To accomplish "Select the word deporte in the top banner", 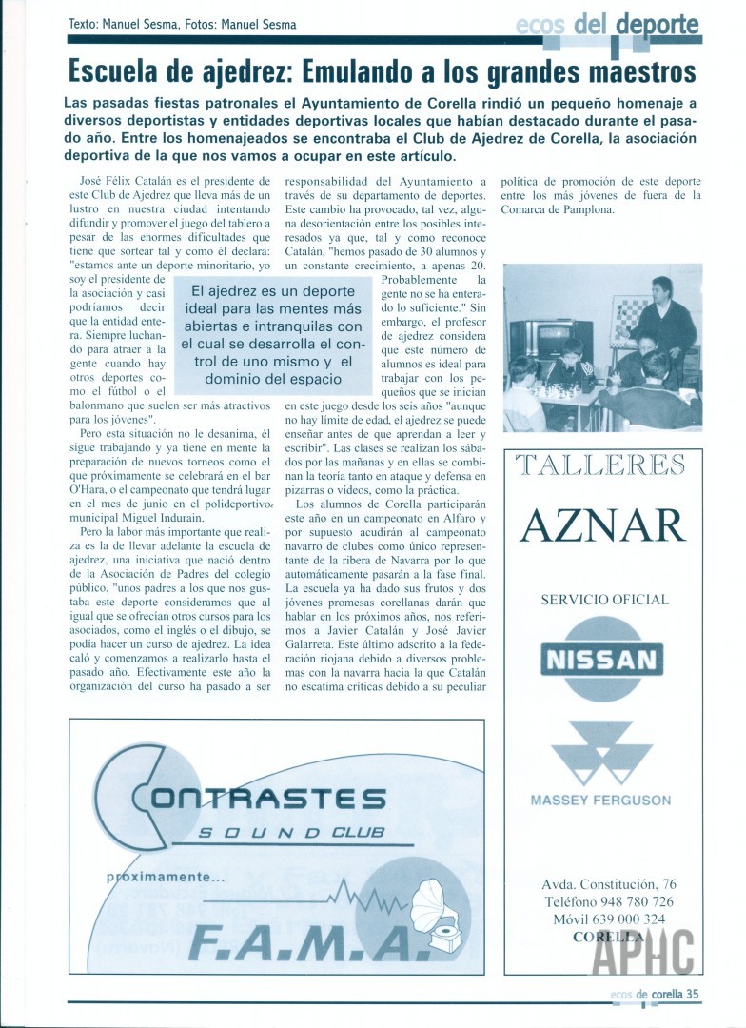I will [657, 26].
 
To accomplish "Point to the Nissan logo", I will [600, 659].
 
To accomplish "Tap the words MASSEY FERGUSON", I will [600, 801].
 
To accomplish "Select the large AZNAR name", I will [603, 525].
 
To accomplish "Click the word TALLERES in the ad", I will [600, 465].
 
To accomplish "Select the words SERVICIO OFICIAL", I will [604, 600].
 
